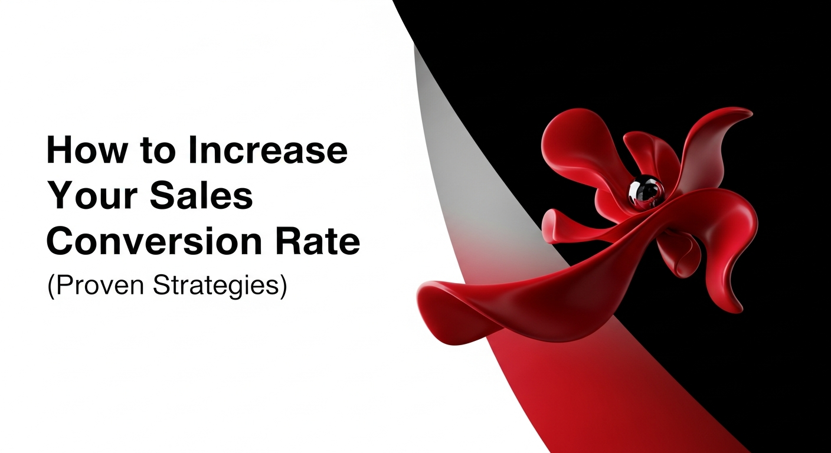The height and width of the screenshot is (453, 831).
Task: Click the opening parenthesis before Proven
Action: click(x=50, y=286)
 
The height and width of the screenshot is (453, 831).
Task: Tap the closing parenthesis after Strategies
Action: click(x=283, y=286)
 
